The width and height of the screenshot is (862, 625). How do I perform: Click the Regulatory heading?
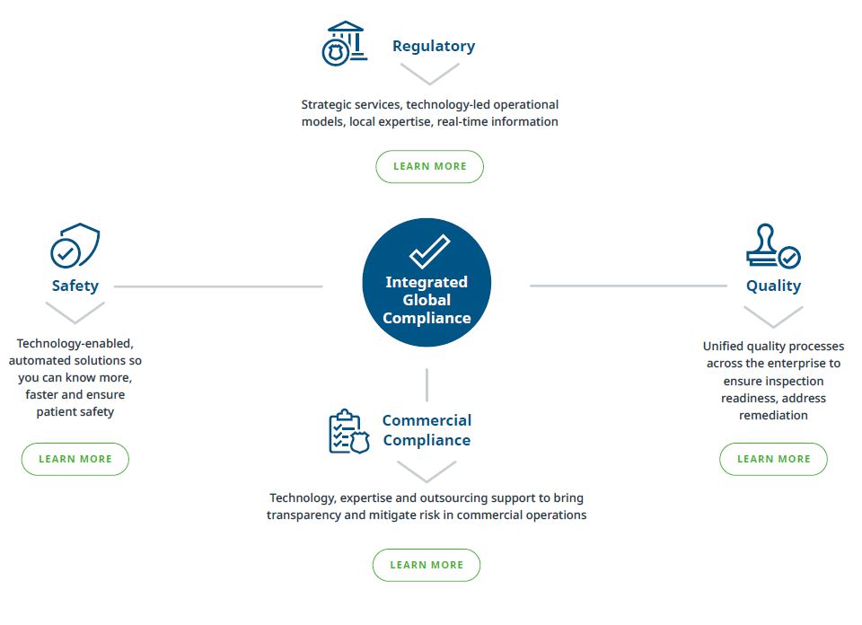434,47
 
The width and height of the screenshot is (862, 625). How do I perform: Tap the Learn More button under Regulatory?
430,166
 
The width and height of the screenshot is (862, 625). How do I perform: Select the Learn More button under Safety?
75,459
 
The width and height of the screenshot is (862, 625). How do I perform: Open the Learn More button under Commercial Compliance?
427,565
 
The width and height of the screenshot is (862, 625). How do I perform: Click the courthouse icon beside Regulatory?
344,43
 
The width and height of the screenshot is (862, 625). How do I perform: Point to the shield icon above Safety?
75,245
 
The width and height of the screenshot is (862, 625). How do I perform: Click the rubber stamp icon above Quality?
773,246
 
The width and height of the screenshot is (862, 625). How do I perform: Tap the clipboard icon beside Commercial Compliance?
349,432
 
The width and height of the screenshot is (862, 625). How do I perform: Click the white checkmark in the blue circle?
429,251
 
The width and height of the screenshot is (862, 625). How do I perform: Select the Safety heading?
75,286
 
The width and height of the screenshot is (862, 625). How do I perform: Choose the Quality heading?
773,286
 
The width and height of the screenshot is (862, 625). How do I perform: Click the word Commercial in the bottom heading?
427,420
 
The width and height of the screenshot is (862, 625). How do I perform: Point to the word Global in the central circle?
427,300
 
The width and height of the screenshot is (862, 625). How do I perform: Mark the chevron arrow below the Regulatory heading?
430,75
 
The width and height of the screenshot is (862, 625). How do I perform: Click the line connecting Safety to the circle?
218,286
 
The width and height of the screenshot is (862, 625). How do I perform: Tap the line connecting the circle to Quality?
629,286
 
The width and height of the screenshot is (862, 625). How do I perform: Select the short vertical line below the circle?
427,384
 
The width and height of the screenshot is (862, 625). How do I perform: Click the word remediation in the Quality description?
773,416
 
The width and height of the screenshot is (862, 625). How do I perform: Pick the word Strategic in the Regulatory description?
324,105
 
